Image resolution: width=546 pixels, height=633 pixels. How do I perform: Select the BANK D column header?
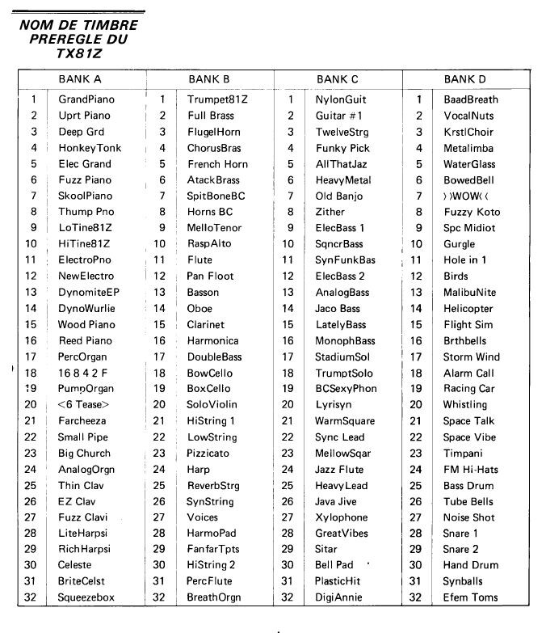[x=464, y=79]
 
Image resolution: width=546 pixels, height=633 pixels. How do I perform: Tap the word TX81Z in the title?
[x=78, y=53]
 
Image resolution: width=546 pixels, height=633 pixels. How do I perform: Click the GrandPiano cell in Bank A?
[x=86, y=99]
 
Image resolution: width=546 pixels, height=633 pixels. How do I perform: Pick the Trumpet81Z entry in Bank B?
[x=217, y=99]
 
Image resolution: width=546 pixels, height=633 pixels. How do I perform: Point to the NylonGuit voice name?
[x=341, y=99]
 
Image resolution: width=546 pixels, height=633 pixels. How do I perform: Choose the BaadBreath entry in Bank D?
[x=471, y=99]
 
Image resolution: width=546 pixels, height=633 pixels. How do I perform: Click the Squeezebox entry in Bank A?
[x=86, y=597]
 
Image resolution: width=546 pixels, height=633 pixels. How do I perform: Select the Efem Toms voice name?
[x=470, y=597]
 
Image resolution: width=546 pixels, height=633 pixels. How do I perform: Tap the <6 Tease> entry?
[x=83, y=404]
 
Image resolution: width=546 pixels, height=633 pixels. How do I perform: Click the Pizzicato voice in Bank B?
[x=209, y=453]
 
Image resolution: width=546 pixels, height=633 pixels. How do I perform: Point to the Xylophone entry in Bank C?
[x=341, y=517]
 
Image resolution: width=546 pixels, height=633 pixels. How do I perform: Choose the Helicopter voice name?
[x=468, y=308]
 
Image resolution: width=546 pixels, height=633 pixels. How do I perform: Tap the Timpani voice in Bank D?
[x=463, y=453]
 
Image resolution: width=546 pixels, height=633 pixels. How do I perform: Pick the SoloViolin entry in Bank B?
[x=212, y=404]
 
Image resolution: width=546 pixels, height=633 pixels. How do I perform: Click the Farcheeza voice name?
[x=82, y=420]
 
